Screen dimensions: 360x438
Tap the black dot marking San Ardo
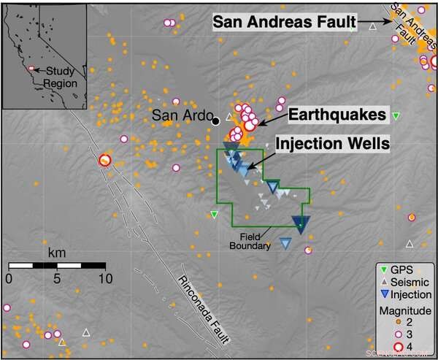(215, 120)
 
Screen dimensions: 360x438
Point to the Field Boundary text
(257, 241)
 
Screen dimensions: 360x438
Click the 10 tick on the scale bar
(104, 278)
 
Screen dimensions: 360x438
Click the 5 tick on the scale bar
(56, 278)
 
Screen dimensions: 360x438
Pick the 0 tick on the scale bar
(9, 278)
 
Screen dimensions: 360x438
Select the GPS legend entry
(399, 268)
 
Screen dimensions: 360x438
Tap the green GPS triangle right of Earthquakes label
(396, 116)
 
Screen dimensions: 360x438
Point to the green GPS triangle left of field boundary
(214, 214)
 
